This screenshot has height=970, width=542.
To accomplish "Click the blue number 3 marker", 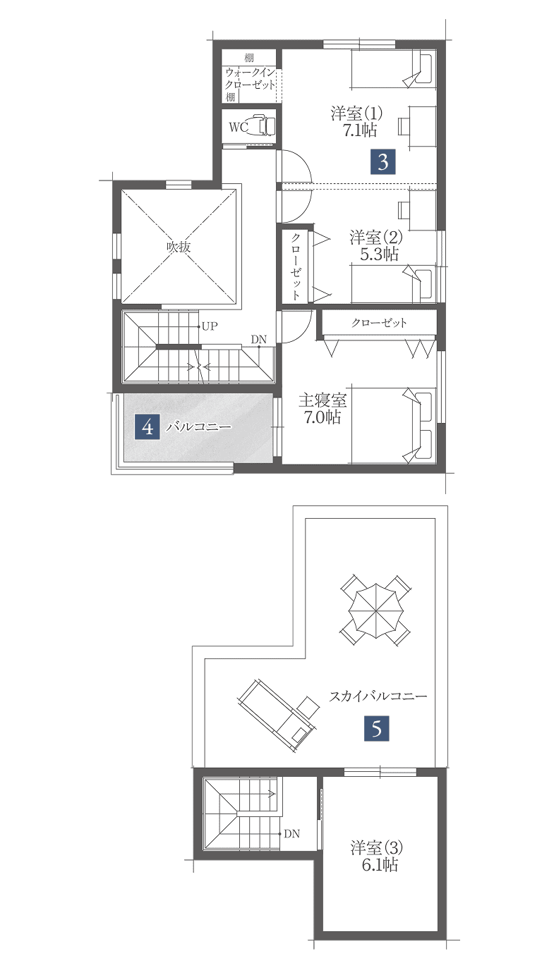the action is tap(383, 162).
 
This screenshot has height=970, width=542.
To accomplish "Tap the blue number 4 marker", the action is tap(147, 427).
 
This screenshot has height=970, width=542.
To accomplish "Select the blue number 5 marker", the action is tap(376, 728).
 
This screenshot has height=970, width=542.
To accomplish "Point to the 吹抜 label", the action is tap(179, 247).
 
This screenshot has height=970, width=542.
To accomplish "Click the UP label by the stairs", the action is tap(210, 326).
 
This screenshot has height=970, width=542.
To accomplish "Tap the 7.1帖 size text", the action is tap(360, 130).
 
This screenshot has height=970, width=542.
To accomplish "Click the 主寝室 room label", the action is tap(323, 400).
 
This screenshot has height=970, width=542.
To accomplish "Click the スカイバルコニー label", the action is tap(378, 696).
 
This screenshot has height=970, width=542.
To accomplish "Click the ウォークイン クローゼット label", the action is tap(251, 78).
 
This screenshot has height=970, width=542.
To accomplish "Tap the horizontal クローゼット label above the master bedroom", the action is tap(380, 323).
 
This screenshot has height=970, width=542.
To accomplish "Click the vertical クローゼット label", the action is tap(296, 266).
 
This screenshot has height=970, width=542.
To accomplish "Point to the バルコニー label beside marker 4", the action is tap(199, 427).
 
